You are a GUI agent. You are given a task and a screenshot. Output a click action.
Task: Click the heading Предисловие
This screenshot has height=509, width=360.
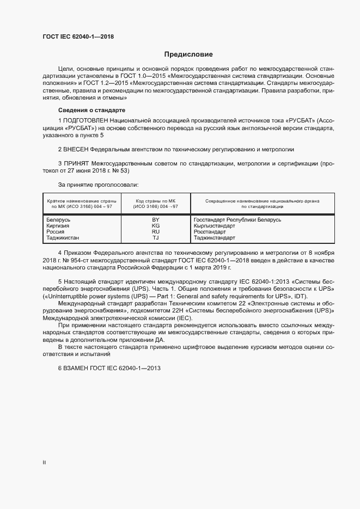(x=188, y=54)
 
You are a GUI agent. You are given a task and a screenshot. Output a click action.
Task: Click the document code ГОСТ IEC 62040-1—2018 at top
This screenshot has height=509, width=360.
(x=78, y=36)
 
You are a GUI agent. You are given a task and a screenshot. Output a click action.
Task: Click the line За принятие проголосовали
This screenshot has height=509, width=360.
(x=98, y=185)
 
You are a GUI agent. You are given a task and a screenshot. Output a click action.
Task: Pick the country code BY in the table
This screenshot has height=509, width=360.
(x=155, y=219)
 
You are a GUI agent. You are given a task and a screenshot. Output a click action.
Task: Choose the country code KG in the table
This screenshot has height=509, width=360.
(x=155, y=225)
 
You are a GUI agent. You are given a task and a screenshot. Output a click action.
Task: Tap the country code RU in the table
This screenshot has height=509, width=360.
(x=155, y=231)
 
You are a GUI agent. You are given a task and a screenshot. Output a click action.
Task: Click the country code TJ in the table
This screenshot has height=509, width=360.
(x=155, y=237)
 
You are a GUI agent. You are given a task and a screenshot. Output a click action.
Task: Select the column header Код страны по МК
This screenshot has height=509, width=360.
(x=156, y=201)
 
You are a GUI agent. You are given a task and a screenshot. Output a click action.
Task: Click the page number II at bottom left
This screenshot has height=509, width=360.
(x=44, y=463)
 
